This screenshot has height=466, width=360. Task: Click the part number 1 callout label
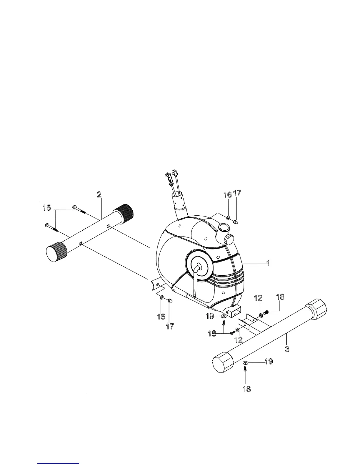pos(268,263)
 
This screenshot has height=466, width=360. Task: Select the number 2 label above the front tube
pos(99,194)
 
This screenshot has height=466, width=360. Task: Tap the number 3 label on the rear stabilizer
pos(287,349)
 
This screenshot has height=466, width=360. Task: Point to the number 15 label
pos(46,208)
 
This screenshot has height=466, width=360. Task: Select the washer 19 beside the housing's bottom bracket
pos(224,316)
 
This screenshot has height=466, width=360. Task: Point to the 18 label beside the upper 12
pos(280,297)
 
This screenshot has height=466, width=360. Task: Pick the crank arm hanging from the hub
pos(195,282)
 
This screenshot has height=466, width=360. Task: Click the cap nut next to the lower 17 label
pos(170,301)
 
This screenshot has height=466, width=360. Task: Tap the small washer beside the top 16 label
pos(228,218)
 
